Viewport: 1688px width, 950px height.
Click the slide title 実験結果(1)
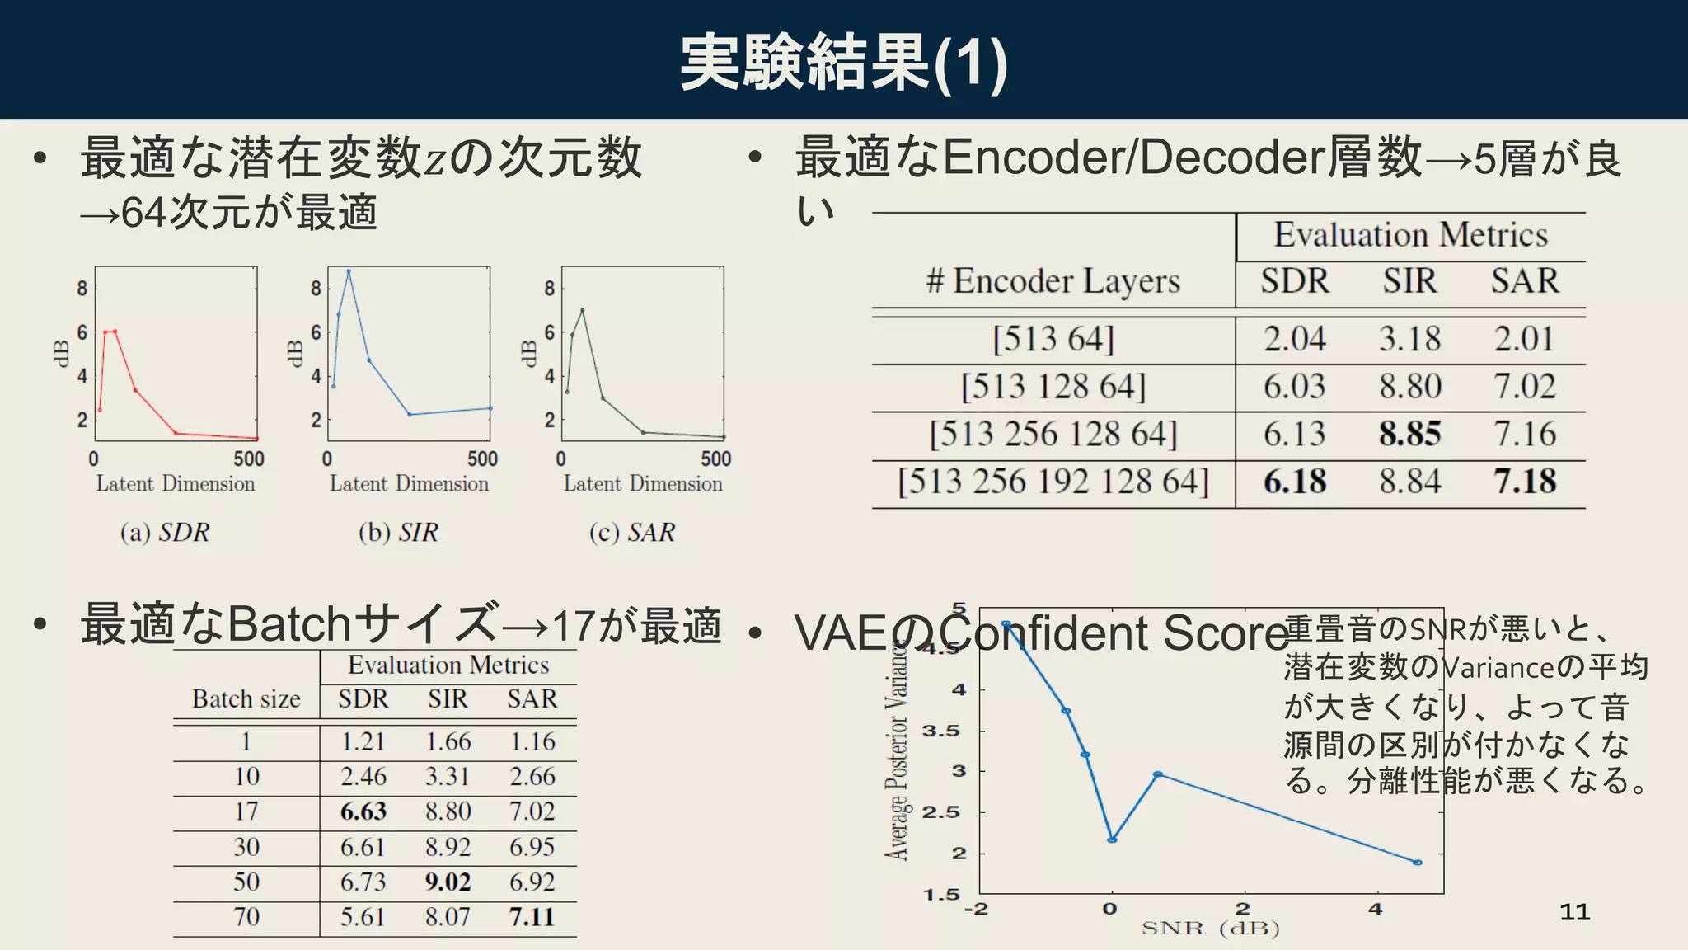pos(843,63)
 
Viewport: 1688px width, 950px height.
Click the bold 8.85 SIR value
pos(1409,434)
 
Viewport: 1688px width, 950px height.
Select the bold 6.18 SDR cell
pos(1294,482)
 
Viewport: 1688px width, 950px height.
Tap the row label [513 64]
pos(1053,339)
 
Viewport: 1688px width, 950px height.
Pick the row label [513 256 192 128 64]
pos(1053,482)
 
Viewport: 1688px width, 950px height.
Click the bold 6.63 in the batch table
pos(363,811)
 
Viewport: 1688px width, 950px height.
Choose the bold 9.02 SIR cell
pos(448,882)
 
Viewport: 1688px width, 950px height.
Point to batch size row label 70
pos(246,917)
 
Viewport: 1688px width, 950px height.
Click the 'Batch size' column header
pos(246,699)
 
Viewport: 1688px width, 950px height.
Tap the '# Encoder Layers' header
pos(1053,281)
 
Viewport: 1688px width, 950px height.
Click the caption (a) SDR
pos(164,533)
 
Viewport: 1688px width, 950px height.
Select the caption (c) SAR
pos(631,533)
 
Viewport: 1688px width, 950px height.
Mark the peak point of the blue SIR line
pos(349,271)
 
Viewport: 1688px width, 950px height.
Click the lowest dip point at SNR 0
pos(1112,839)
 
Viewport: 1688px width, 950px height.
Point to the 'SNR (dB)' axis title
pos(1210,929)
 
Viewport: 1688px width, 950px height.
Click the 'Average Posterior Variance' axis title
pos(898,750)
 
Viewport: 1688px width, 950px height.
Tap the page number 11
pos(1574,912)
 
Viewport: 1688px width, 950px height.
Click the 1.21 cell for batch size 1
pos(363,741)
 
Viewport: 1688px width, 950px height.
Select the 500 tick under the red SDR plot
pos(248,459)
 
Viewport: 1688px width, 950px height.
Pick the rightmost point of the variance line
pos(1417,863)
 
